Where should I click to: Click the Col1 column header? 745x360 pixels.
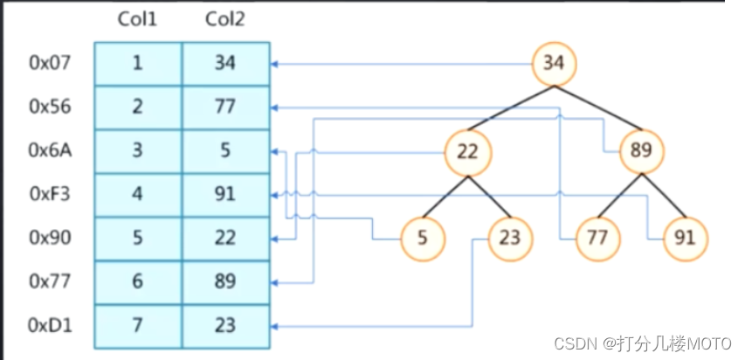pos(137,19)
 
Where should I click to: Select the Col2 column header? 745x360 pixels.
pos(225,19)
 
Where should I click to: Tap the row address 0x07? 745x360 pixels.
pos(50,63)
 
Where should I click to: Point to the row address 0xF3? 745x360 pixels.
pos(50,194)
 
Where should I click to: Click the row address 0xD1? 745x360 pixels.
pos(50,325)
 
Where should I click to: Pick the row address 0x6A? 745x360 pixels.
pos(50,150)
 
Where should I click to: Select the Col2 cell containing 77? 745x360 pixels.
pos(225,107)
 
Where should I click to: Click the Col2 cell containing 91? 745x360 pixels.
pos(225,195)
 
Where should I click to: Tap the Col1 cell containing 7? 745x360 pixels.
pos(138,326)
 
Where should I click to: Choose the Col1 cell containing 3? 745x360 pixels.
pos(138,151)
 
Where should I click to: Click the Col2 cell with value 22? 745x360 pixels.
pos(225,239)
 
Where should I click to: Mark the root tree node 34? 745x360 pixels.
pos(554,63)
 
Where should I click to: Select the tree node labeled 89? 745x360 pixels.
pos(642,152)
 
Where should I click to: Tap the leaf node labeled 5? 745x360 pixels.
pos(423,239)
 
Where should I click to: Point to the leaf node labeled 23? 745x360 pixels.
pos(510,239)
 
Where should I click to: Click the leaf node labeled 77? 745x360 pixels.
pos(597,239)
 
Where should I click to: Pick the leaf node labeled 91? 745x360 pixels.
pos(686,239)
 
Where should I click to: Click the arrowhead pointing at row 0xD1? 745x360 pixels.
pos(274,327)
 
